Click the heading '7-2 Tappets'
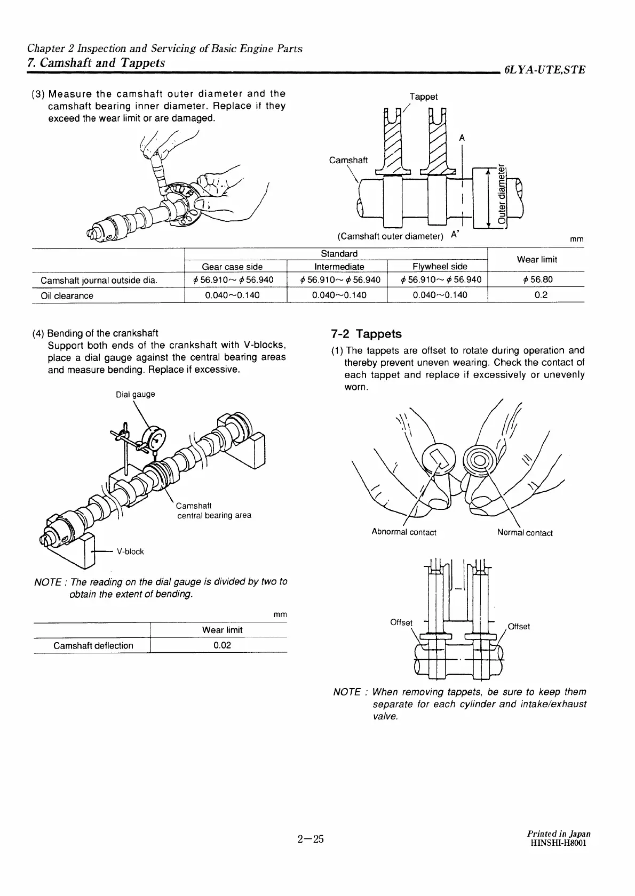[366, 334]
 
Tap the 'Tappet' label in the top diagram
[423, 97]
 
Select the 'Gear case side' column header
[232, 267]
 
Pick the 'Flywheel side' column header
[440, 267]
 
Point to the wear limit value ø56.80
[541, 280]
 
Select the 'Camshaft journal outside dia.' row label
[99, 281]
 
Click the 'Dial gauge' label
[136, 394]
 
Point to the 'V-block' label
[130, 551]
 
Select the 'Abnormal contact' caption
[404, 532]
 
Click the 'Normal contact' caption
[525, 533]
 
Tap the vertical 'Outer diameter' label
[502, 195]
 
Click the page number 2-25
[311, 854]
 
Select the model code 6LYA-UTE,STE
[544, 70]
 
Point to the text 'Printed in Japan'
[558, 848]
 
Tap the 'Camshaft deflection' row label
[93, 645]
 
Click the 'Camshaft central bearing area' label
[213, 510]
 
